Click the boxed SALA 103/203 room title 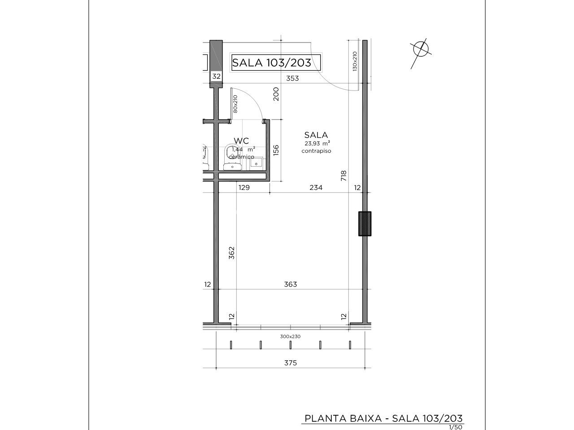(276, 62)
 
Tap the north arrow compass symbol (421, 50)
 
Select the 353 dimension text (292, 78)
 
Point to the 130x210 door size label (355, 61)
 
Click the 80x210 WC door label (235, 104)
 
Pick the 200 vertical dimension (276, 94)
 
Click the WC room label (241, 141)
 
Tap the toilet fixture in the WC (232, 157)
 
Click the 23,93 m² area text (317, 143)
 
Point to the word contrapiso (316, 151)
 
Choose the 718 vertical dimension (344, 176)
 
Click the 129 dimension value (244, 188)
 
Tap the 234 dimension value (316, 188)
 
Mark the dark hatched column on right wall (365, 224)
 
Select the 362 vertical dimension (232, 253)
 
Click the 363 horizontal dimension (290, 284)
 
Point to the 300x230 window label (290, 336)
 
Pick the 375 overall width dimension (290, 363)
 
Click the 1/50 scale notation (456, 427)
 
